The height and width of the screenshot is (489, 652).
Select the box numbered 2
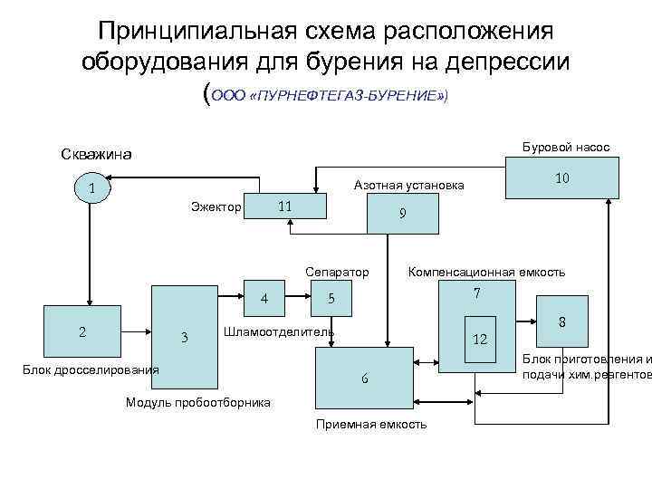coord(82,332)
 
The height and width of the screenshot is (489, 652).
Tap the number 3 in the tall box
coord(184,339)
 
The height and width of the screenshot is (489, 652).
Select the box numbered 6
coord(364,379)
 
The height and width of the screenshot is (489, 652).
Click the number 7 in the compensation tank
coord(476,294)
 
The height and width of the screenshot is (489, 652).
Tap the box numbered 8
coord(561,322)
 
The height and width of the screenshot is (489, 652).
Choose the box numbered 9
coord(402,215)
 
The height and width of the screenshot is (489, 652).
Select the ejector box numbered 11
coord(284,206)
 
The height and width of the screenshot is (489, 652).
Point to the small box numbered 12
coord(481,338)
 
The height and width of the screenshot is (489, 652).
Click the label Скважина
coord(96,154)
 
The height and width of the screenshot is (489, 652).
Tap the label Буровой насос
coord(566,147)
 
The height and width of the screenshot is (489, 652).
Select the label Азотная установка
coord(408,185)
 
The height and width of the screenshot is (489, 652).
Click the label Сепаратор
coord(337,272)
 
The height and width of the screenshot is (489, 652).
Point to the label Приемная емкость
coord(370,424)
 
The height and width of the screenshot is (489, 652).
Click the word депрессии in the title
coord(490,62)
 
